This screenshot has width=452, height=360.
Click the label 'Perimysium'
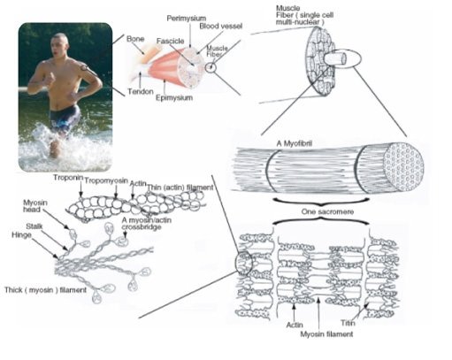tap(187, 18)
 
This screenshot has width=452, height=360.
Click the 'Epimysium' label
tap(174, 98)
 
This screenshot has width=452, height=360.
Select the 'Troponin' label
tap(66, 177)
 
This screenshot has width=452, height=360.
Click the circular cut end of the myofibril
tap(413, 165)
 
